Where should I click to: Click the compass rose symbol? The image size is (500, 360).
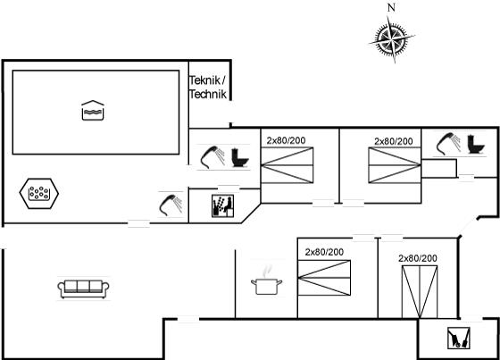pyautogui.click(x=392, y=39)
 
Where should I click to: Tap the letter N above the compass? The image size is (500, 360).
pyautogui.click(x=391, y=7)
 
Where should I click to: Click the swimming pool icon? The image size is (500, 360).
pyautogui.click(x=93, y=111)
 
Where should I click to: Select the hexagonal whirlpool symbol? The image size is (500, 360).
pyautogui.click(x=39, y=194)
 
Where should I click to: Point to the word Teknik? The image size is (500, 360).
pyautogui.click(x=204, y=80)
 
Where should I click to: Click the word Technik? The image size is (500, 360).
pyautogui.click(x=207, y=94)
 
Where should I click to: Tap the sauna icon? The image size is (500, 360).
pyautogui.click(x=222, y=205)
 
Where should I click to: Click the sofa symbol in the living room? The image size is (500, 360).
pyautogui.click(x=83, y=289)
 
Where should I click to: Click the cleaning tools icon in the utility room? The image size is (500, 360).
pyautogui.click(x=459, y=338)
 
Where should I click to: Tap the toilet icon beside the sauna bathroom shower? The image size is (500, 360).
pyautogui.click(x=239, y=157)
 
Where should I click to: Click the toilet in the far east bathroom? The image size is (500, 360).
pyautogui.click(x=476, y=145)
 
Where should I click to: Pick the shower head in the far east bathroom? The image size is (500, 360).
pyautogui.click(x=448, y=144)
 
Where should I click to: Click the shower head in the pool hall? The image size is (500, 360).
pyautogui.click(x=171, y=205)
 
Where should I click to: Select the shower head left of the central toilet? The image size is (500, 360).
pyautogui.click(x=212, y=157)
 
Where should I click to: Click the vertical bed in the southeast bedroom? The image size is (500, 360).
pyautogui.click(x=420, y=292)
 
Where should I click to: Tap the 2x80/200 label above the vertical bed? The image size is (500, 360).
pyautogui.click(x=418, y=258)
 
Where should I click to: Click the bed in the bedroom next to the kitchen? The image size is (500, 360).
pyautogui.click(x=324, y=278)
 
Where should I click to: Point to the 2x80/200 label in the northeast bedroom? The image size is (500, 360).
pyautogui.click(x=394, y=141)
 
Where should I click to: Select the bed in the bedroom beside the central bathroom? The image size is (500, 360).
pyautogui.click(x=287, y=165)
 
